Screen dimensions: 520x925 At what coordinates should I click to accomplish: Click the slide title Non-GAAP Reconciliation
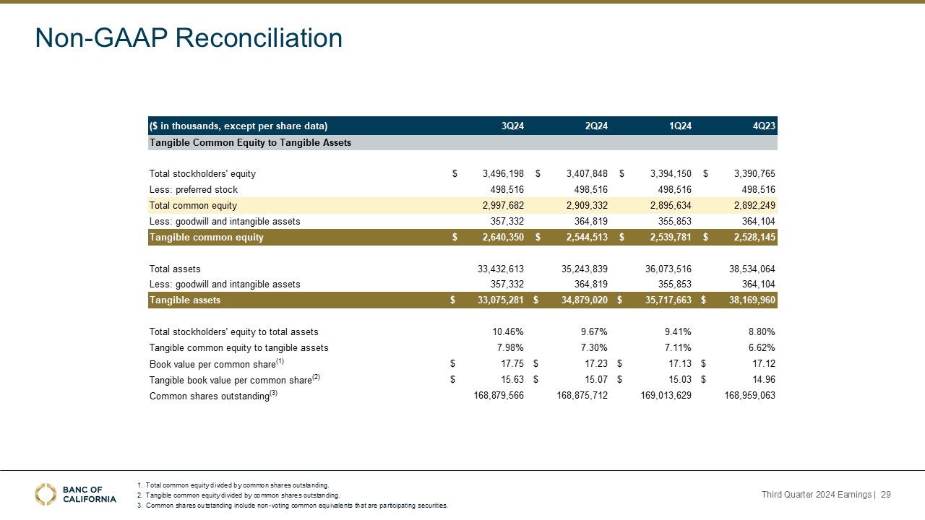[189, 38]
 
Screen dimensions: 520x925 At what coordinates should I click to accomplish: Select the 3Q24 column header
[512, 126]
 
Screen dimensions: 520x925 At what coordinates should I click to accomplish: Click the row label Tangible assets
[185, 300]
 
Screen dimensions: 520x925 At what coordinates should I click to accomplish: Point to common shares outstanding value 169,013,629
[666, 396]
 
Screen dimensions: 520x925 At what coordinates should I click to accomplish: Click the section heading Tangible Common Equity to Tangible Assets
[250, 142]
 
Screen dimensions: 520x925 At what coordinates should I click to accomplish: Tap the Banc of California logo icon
[46, 494]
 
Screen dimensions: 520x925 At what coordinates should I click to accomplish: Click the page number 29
[886, 494]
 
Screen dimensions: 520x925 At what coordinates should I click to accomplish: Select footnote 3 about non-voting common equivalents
[296, 506]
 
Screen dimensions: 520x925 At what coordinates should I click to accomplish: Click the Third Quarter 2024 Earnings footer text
[816, 494]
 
